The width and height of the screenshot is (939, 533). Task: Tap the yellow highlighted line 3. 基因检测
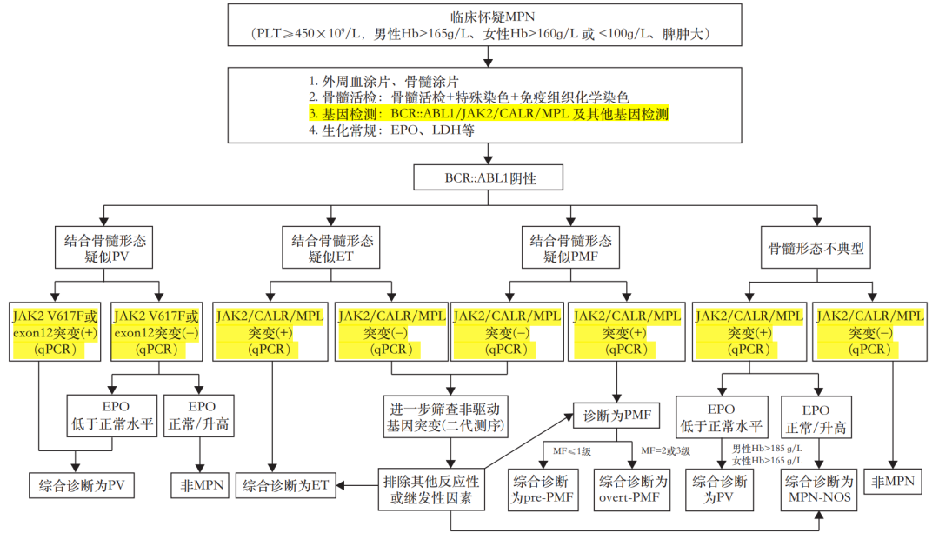point(488,114)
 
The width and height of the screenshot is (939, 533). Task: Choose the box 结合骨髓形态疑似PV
point(106,248)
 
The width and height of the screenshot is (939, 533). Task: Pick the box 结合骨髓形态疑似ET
point(331,248)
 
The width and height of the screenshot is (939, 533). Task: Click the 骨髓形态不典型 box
point(816,248)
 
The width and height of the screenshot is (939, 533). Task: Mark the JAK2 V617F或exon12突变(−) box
point(156,332)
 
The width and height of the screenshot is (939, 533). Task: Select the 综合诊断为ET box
point(285,485)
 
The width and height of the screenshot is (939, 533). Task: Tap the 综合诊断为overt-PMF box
point(632,490)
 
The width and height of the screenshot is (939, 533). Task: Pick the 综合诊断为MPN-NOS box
point(819,490)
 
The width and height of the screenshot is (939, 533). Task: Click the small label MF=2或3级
point(665,450)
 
